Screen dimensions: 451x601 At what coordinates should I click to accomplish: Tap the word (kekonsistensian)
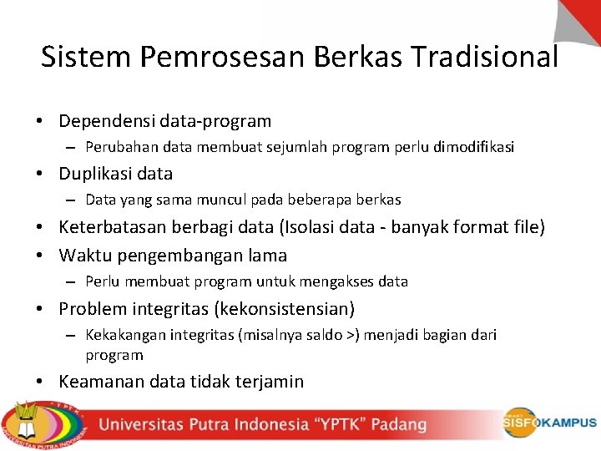click(285, 309)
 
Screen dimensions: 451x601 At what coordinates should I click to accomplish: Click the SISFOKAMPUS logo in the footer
click(549, 423)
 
